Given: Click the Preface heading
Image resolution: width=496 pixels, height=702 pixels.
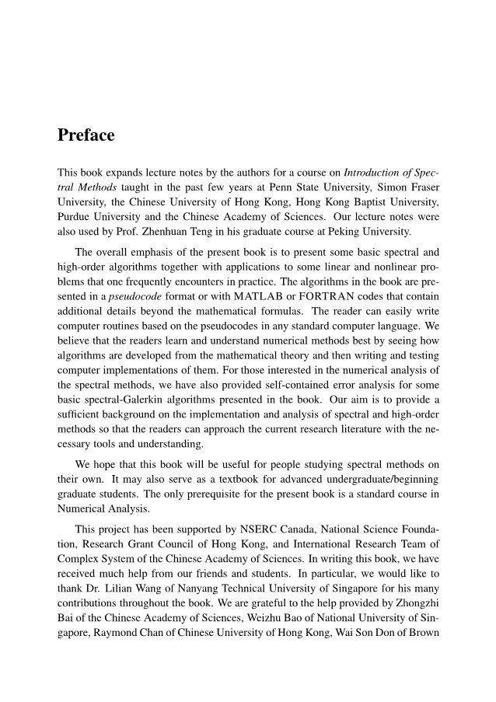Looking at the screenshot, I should click(86, 135).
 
